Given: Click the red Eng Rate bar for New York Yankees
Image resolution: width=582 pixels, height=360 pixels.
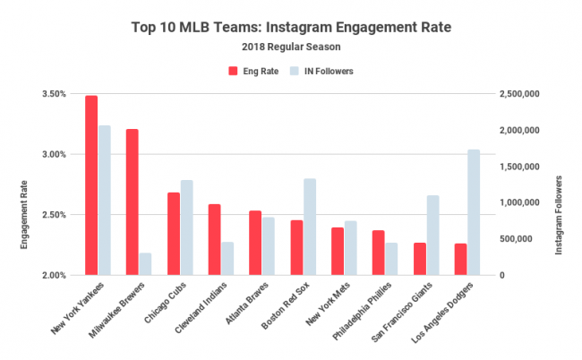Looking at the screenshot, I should point(91,184).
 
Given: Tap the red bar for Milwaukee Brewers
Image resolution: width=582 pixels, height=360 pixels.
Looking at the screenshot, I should point(133,201).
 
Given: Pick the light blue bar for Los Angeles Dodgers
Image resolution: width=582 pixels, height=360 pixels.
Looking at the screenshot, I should point(474,212).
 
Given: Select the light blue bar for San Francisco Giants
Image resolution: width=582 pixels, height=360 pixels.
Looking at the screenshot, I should point(432,235).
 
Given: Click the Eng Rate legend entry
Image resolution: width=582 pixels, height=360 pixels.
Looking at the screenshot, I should point(252,69).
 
